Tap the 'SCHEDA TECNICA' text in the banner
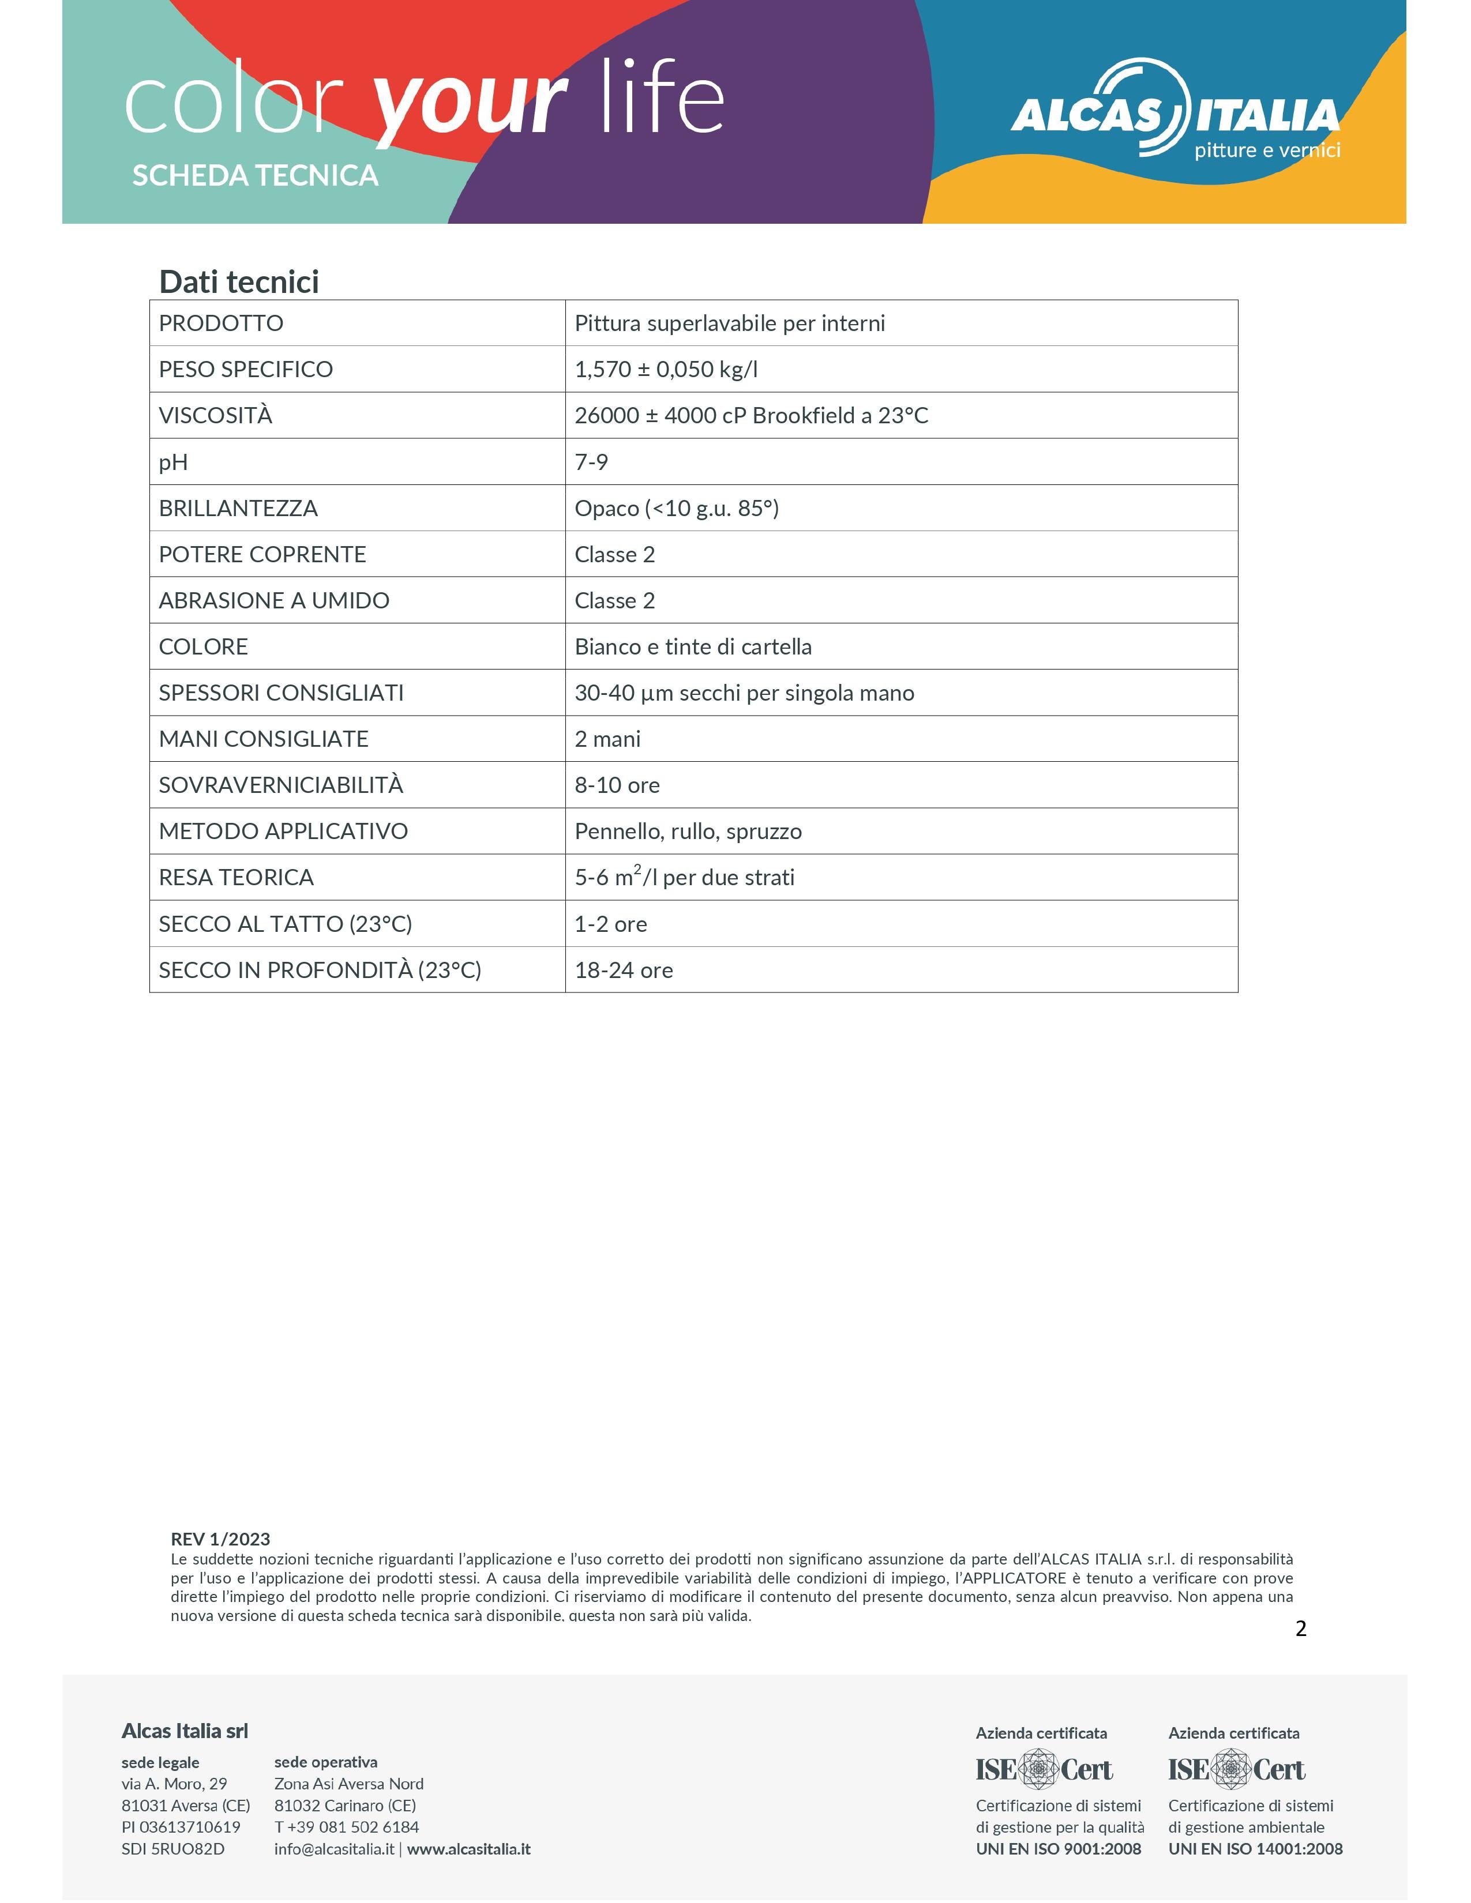click(x=256, y=176)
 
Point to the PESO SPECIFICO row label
click(x=246, y=370)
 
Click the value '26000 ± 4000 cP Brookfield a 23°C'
click(x=751, y=416)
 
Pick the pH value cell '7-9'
click(x=591, y=462)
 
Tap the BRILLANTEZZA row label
click(x=238, y=508)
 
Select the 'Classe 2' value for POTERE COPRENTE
click(x=614, y=554)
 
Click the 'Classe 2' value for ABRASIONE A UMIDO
click(x=614, y=600)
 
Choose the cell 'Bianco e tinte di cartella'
click(x=693, y=646)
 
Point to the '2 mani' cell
click(x=607, y=739)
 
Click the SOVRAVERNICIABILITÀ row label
click(x=280, y=785)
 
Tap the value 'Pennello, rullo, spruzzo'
click(x=688, y=831)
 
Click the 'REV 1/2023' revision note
click(x=220, y=1539)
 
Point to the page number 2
click(x=1300, y=1629)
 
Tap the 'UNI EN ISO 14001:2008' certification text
click(x=1255, y=1849)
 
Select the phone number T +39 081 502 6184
click(x=346, y=1827)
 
